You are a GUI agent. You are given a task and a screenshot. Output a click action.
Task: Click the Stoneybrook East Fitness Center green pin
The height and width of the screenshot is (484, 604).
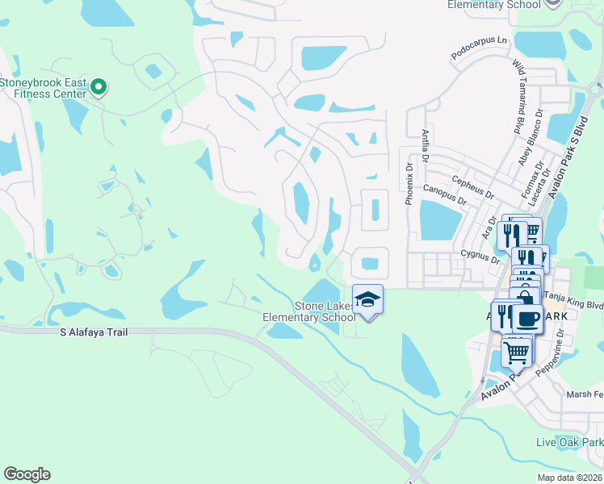(99, 86)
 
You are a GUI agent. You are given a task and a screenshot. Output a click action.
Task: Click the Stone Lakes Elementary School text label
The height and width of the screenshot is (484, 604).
(308, 311)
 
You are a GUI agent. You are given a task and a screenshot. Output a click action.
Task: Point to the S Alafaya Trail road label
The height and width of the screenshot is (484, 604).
(94, 332)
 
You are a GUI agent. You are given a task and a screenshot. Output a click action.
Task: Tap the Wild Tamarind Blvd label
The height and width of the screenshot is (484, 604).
(518, 96)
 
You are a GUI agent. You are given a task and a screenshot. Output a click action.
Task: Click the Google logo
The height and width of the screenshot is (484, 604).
(27, 474)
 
